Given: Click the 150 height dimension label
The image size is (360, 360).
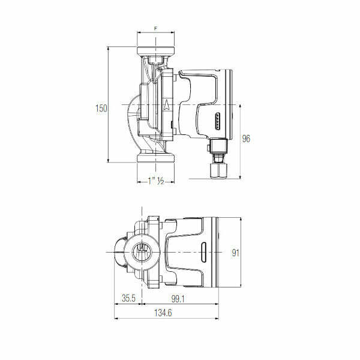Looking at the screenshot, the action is click(101, 108).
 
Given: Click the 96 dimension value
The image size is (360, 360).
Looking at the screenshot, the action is click(246, 139).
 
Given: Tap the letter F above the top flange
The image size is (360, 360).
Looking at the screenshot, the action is click(156, 28).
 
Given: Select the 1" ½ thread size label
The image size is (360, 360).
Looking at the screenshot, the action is click(156, 181).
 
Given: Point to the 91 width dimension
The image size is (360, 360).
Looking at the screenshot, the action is click(236, 253).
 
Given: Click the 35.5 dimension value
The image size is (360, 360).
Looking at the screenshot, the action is click(128, 298).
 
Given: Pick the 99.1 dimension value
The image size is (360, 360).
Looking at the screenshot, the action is click(178, 299).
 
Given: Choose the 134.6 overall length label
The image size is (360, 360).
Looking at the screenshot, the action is click(163, 313).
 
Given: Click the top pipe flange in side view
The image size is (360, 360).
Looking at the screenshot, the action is click(155, 51).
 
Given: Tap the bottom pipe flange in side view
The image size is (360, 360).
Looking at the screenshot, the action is click(155, 158).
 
